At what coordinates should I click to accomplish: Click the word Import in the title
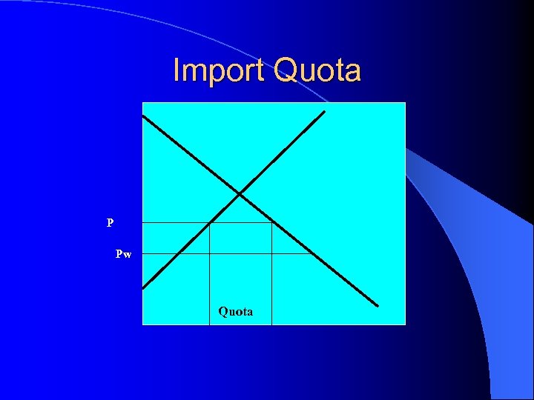point(220,71)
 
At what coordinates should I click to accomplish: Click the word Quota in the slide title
point(317,71)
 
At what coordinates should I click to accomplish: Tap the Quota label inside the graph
point(235,312)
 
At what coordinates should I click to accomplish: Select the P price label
point(110,222)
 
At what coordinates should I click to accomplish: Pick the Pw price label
point(124,254)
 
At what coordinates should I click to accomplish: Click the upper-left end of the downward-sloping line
point(143,116)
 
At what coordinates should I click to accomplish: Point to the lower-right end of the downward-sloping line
point(377,305)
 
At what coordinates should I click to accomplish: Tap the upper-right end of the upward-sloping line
point(324,112)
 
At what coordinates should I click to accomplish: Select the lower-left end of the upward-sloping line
point(143,287)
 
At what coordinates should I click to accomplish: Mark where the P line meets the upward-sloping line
point(210,222)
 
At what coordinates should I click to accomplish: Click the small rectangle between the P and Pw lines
point(240,238)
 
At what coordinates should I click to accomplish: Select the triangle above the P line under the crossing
point(240,212)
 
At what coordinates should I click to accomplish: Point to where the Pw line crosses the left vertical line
point(210,253)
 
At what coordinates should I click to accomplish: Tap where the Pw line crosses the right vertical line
point(272,253)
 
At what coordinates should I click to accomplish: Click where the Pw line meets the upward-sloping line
point(178,253)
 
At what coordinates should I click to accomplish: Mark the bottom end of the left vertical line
point(210,324)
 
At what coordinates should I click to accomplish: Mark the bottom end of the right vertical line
point(272,324)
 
